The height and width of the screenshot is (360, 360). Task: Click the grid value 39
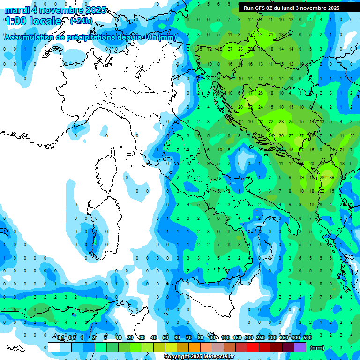coord(332,178)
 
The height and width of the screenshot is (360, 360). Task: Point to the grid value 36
coord(281,136)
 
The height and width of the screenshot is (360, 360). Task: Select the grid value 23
coord(240,49)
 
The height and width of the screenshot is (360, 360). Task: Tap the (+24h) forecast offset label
coord(81,21)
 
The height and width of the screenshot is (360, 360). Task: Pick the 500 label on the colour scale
coord(307,338)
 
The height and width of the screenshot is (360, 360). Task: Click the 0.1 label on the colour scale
coord(60,338)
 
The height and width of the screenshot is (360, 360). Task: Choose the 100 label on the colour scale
coord(225,338)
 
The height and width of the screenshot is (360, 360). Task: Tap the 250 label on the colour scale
coord(261,338)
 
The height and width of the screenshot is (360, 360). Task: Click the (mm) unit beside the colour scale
coord(317,348)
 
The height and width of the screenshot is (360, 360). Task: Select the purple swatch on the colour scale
coord(300,347)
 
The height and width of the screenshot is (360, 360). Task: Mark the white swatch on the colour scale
coord(54,347)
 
